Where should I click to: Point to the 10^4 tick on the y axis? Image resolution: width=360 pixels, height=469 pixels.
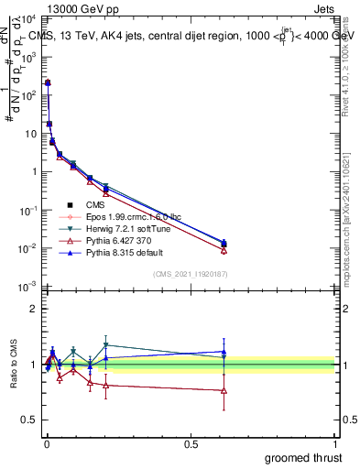(27, 18)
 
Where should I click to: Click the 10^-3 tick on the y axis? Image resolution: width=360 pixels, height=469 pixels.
(27, 288)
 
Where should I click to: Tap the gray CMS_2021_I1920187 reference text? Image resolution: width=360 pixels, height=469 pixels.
(191, 274)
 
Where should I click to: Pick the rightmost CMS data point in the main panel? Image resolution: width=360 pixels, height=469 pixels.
(224, 244)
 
